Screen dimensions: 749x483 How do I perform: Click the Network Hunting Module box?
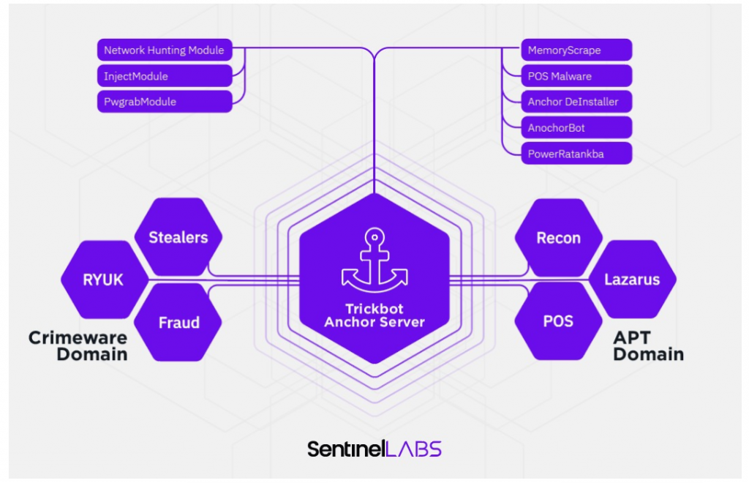tap(165, 50)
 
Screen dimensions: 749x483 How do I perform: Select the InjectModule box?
tap(165, 76)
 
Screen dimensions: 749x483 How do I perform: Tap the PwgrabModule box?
tap(165, 102)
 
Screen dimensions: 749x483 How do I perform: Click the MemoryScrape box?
tap(576, 50)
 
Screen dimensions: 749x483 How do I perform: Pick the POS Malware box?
tap(576, 76)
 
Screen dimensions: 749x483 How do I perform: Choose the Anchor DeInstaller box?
tap(576, 102)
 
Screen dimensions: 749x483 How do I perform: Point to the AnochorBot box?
tap(576, 127)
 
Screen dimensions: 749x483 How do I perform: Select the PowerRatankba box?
tap(576, 154)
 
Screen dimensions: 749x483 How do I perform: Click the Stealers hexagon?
tap(178, 237)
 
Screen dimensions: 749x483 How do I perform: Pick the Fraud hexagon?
tap(178, 323)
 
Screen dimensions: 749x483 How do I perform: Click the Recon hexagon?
tap(558, 237)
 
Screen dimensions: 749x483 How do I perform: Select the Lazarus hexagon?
tap(633, 279)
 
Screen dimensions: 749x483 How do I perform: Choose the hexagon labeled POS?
tap(558, 321)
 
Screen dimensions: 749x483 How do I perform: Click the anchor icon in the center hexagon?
tap(374, 261)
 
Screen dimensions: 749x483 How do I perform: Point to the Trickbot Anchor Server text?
tap(374, 315)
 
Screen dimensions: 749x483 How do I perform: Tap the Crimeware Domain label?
tap(78, 346)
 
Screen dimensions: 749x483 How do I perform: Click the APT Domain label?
tap(648, 346)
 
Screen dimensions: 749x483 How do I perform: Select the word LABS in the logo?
tap(413, 449)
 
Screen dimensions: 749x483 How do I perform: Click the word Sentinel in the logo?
tap(346, 449)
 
